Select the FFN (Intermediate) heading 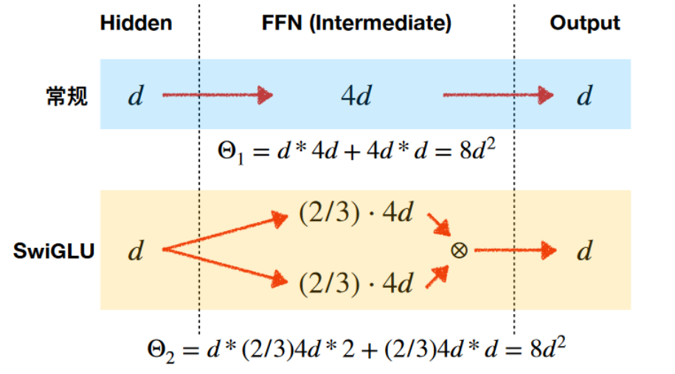pyautogui.click(x=356, y=23)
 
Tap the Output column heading pyautogui.click(x=585, y=23)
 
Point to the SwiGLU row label pyautogui.click(x=55, y=252)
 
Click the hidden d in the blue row pyautogui.click(x=135, y=96)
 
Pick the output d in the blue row pyautogui.click(x=584, y=96)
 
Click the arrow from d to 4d pyautogui.click(x=218, y=94)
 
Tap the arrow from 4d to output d pyautogui.click(x=498, y=94)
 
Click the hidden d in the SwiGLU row pyautogui.click(x=135, y=252)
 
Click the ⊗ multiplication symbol pyautogui.click(x=459, y=251)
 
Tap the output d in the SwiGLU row pyautogui.click(x=584, y=252)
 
